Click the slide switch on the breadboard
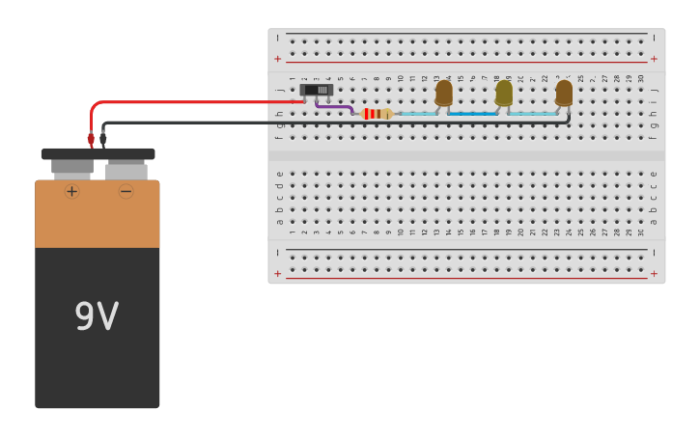(x=317, y=90)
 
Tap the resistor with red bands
(x=376, y=114)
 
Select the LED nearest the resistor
(x=443, y=93)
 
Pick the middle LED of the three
(x=503, y=93)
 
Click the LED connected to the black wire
(x=564, y=93)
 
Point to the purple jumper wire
(x=334, y=108)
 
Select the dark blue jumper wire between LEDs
(x=473, y=114)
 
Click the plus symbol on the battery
(x=71, y=191)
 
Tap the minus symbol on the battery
(x=126, y=191)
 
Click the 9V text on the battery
(x=97, y=316)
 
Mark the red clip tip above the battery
(x=91, y=139)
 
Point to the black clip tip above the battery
(x=103, y=139)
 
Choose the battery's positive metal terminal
(x=72, y=169)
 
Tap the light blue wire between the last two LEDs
(x=533, y=114)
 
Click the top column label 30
(x=640, y=78)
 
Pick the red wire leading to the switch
(x=193, y=101)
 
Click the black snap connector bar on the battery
(x=98, y=153)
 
